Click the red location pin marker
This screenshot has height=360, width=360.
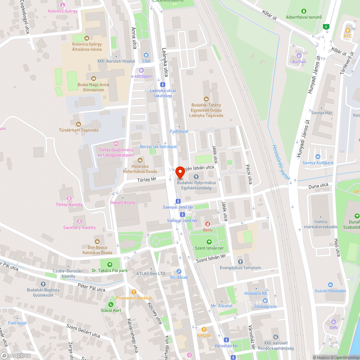click(x=180, y=173)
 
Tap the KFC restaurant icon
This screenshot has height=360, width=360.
click(x=348, y=30)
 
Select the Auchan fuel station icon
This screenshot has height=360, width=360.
click(x=299, y=55)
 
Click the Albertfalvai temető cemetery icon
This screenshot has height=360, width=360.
click(x=303, y=11)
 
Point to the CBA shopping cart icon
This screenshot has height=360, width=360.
click(x=146, y=55)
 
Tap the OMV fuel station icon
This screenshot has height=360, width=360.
click(x=333, y=321)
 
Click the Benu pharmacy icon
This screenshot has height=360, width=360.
click(x=207, y=224)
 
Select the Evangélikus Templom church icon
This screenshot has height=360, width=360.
click(x=240, y=262)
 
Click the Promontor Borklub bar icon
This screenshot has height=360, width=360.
click(x=134, y=292)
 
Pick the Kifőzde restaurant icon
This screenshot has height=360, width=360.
click(x=204, y=329)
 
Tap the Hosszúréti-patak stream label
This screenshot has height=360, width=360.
click(x=281, y=162)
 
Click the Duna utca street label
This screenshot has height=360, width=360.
click(x=318, y=186)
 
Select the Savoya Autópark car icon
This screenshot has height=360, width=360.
click(x=318, y=157)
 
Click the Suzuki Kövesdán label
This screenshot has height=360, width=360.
click(x=330, y=291)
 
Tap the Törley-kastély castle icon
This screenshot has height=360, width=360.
click(x=69, y=198)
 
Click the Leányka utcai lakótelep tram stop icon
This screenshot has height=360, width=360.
click(x=163, y=84)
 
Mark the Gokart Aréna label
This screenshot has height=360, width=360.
click(x=123, y=203)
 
